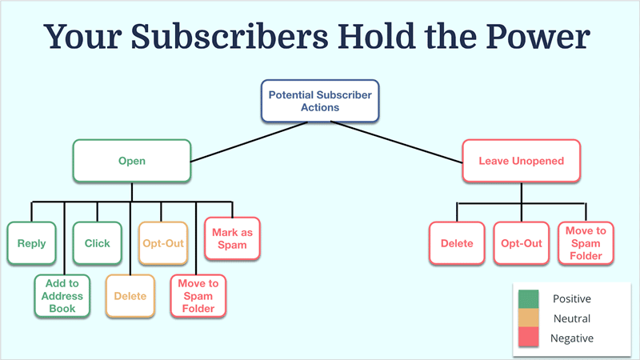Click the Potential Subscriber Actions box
pyautogui.click(x=320, y=101)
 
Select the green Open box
pyautogui.click(x=132, y=161)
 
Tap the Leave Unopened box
pyautogui.click(x=521, y=161)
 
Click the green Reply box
pyautogui.click(x=32, y=243)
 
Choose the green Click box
pyautogui.click(x=98, y=243)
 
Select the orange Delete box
pyautogui.click(x=130, y=296)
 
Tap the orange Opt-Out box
pyautogui.click(x=162, y=243)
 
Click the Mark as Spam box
pyautogui.click(x=231, y=238)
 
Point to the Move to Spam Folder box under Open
pyautogui.click(x=198, y=296)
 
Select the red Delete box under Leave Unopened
pyautogui.click(x=457, y=243)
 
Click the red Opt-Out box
pyautogui.click(x=521, y=243)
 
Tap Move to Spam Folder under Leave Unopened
pyautogui.click(x=585, y=243)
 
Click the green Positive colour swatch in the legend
pyautogui.click(x=530, y=298)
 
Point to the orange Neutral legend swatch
pyautogui.click(x=530, y=318)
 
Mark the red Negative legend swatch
pyautogui.click(x=530, y=338)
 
